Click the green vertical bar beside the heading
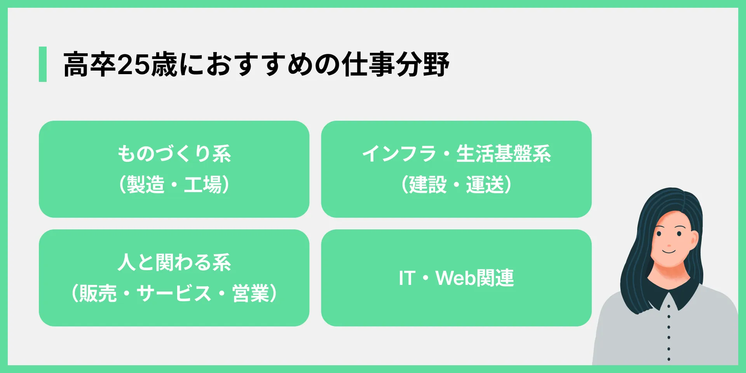coord(43,64)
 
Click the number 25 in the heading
coord(133,64)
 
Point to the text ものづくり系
coord(174,154)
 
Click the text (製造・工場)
coord(174,184)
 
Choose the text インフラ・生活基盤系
coord(457,154)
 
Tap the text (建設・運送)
coord(457,184)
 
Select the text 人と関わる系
coord(174,262)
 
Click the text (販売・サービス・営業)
coord(174,293)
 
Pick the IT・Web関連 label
coord(457,278)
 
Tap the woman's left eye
coord(679,234)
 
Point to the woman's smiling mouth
coord(669,252)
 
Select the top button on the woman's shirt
coord(668,306)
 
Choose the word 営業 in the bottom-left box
coord(251,293)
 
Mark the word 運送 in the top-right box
coord(485,184)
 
